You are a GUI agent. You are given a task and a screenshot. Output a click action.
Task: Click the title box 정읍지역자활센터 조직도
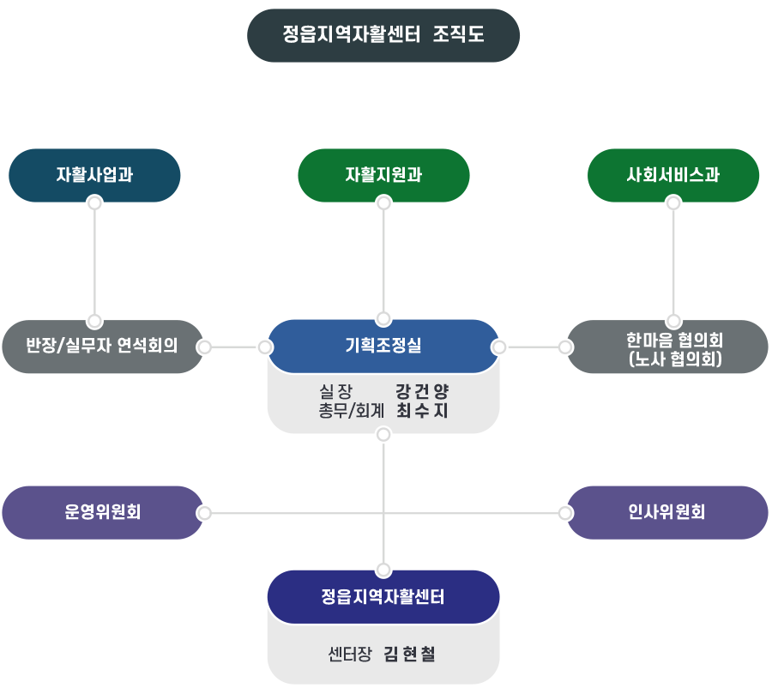click(x=383, y=35)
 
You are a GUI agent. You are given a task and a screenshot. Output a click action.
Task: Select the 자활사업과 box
click(x=94, y=174)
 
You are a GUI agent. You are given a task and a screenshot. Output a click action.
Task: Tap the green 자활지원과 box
click(x=383, y=174)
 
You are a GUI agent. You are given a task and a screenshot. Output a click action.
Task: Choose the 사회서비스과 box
click(x=673, y=174)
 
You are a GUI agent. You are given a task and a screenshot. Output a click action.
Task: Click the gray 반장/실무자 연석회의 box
click(x=102, y=347)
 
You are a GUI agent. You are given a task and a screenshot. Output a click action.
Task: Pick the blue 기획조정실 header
click(x=383, y=346)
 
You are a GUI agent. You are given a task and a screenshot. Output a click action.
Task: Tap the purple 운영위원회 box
click(x=102, y=512)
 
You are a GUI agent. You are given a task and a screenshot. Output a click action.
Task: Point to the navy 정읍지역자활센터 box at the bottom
click(x=383, y=596)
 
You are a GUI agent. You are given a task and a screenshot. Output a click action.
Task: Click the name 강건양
click(x=422, y=391)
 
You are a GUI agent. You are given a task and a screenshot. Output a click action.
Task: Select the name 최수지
click(x=422, y=411)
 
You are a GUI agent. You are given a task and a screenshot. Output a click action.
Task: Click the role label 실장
click(x=335, y=391)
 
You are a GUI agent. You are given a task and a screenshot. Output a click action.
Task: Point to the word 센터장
click(x=349, y=655)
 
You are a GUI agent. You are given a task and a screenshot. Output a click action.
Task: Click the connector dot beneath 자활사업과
click(x=94, y=203)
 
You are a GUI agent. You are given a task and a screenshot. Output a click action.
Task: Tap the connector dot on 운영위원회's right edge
click(x=204, y=513)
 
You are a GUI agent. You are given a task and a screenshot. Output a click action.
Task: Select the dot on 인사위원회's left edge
click(x=564, y=513)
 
